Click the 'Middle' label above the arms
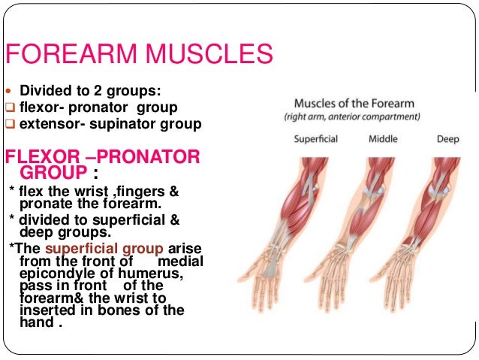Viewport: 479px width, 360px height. pos(383,139)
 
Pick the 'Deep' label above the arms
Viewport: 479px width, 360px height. pos(448,139)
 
